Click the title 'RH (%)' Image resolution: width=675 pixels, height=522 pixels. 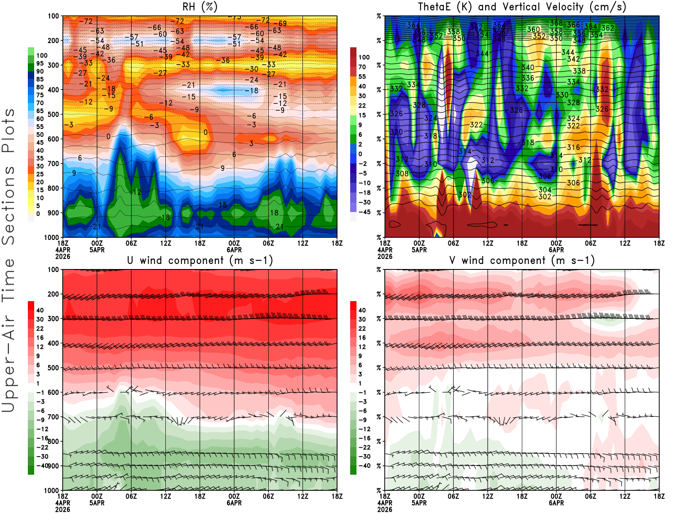tap(200, 7)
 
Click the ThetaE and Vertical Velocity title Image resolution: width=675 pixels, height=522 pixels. tap(522, 7)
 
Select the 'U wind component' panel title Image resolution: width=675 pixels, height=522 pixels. tap(200, 261)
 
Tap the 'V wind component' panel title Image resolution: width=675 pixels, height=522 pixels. tap(522, 261)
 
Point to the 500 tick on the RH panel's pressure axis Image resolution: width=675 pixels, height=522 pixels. tap(54, 114)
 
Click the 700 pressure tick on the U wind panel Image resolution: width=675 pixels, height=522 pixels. tap(54, 417)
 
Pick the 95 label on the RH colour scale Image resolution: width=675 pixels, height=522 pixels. tap(40, 64)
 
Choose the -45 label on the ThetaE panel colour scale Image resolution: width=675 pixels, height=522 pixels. tap(364, 212)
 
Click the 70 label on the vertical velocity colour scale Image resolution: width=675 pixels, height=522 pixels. tap(362, 67)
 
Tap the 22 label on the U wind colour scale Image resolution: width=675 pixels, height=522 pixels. tap(40, 329)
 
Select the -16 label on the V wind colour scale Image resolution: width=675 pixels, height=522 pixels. tap(364, 438)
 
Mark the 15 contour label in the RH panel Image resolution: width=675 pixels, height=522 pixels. tap(223, 205)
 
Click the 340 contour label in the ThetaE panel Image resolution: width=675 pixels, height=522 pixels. tap(528, 68)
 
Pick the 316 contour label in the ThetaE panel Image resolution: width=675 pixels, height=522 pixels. tap(573, 147)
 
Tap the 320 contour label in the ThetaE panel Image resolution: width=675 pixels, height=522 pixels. tap(396, 132)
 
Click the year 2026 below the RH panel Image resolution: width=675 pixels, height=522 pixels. tap(63, 256)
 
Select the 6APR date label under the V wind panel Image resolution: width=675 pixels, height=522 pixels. tap(556, 503)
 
